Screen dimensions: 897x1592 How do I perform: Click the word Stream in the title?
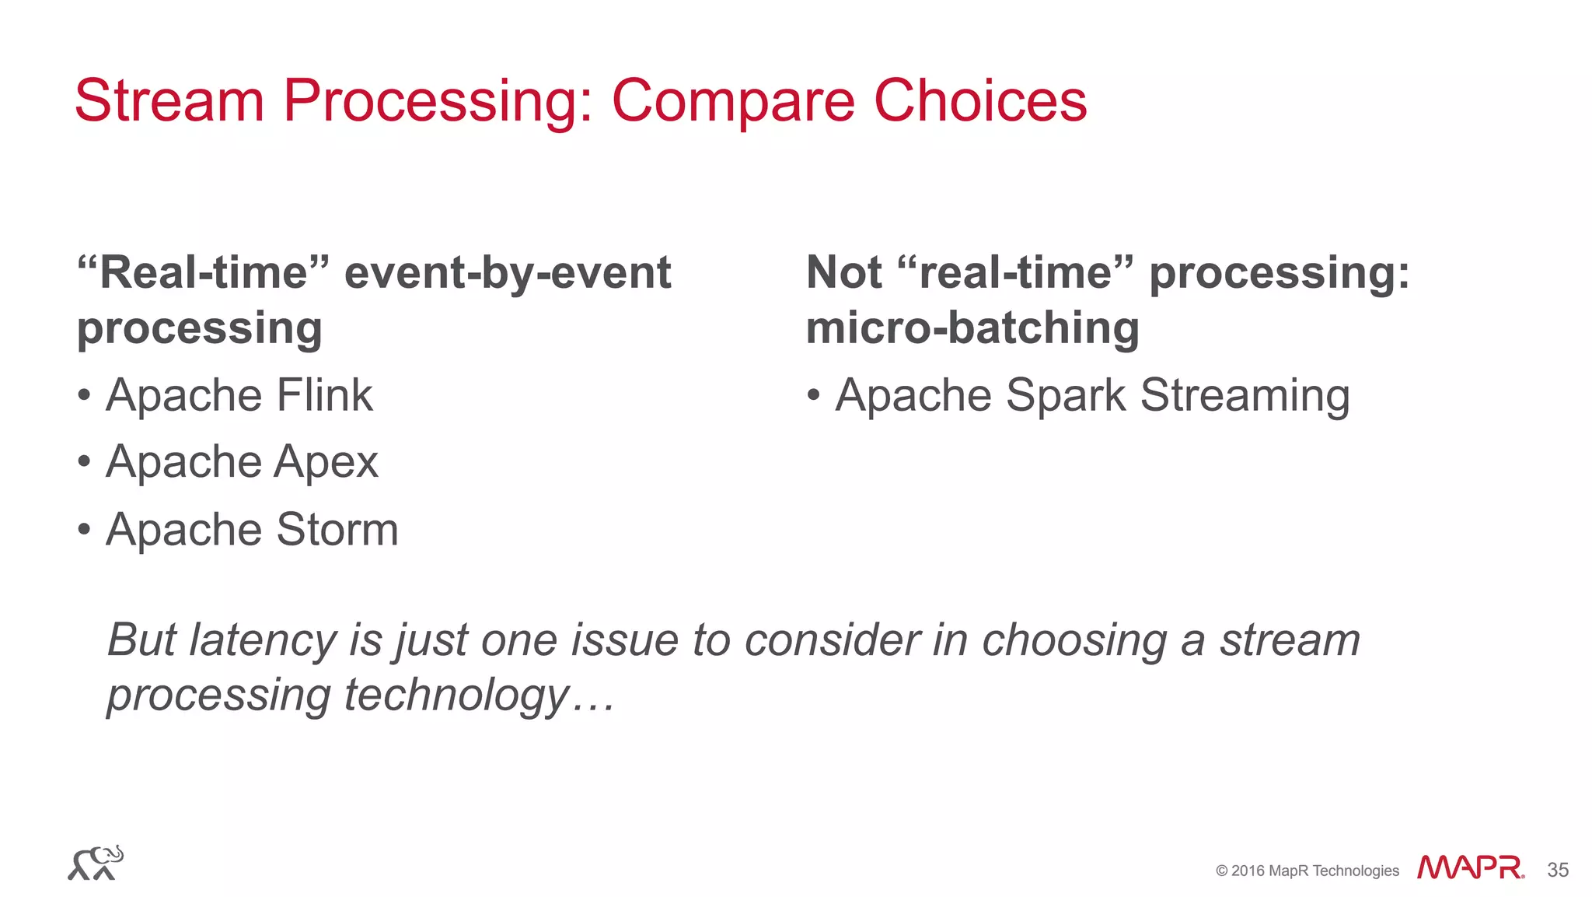tap(169, 101)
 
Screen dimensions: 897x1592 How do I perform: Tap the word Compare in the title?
tap(733, 101)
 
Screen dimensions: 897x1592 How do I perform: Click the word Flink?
tap(324, 395)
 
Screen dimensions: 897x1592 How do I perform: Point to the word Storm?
tap(337, 531)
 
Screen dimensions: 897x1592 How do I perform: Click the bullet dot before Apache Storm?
tap(84, 531)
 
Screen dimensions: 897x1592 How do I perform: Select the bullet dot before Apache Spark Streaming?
tap(813, 395)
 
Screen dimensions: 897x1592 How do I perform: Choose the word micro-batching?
tap(972, 328)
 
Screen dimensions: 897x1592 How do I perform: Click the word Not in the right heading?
tap(843, 273)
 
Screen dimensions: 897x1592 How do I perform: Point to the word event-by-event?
tap(508, 273)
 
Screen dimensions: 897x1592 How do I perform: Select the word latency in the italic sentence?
tap(263, 640)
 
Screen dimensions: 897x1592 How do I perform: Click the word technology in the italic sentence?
tap(457, 695)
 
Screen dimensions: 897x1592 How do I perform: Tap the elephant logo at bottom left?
tap(96, 863)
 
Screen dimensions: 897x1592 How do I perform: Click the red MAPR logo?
tap(1470, 867)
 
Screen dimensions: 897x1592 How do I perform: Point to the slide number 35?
tap(1558, 870)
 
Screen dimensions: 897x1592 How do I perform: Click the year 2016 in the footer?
tap(1248, 871)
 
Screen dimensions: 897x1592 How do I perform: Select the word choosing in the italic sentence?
tap(1074, 640)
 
